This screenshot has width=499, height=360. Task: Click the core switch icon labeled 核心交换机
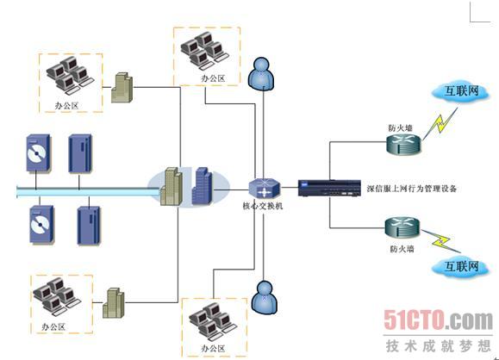pos(264,189)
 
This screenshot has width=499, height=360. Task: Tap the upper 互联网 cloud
pos(460,91)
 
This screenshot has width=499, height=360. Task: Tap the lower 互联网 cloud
pos(460,266)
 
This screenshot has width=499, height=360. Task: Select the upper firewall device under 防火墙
pos(404,144)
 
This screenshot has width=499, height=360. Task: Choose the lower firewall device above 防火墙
pos(402,228)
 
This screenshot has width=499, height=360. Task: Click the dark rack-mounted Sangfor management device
pos(329,188)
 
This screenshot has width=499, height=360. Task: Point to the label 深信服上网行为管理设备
pos(412,189)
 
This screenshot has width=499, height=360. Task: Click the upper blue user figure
pos(261,74)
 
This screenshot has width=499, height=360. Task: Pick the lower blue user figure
pos(265,298)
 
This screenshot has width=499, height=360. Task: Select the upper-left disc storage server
pos(38,153)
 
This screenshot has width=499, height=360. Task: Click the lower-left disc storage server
pos(42,225)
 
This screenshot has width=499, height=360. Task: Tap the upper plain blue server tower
pos(80,153)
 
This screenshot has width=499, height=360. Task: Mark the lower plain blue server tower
pos(89,226)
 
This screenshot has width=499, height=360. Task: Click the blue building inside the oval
pos(202,186)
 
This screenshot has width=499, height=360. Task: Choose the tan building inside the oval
pos(172,186)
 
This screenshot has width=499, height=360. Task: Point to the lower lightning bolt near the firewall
pos(441,241)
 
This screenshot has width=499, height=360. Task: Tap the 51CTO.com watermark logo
pos(438,320)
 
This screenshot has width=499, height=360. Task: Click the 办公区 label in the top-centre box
pos(213,78)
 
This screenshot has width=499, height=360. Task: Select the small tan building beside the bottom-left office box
pos(113,303)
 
